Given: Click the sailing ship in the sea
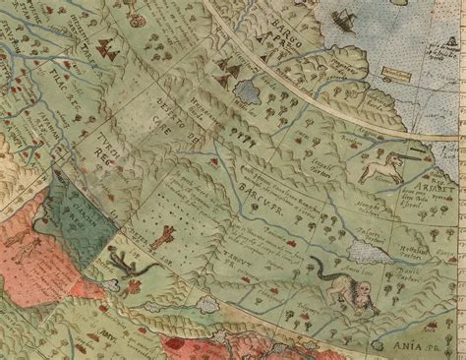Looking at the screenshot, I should pos(343,19).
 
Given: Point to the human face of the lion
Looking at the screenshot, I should pos(363,289).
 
